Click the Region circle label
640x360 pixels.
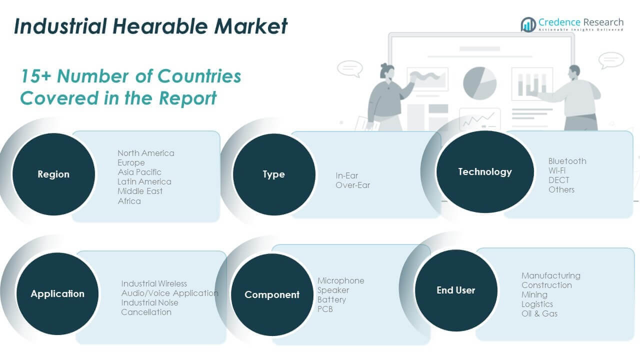(x=53, y=174)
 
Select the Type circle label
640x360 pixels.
(x=273, y=174)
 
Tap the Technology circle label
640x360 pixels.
(x=484, y=172)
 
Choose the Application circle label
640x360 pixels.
(x=57, y=294)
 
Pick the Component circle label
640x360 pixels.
(x=272, y=295)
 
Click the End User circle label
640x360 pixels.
(x=455, y=290)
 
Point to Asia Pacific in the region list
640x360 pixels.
(x=139, y=172)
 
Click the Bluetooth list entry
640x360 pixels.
(x=567, y=161)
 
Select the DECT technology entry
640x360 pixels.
(x=558, y=180)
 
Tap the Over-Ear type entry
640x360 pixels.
(x=353, y=185)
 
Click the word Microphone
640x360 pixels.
(x=340, y=280)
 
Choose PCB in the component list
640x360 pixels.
(x=325, y=309)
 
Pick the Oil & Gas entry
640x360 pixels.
(x=539, y=313)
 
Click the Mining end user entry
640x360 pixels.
(x=534, y=294)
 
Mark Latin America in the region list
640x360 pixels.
(x=144, y=181)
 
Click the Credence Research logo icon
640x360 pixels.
(x=528, y=24)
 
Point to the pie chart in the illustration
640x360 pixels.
(x=479, y=82)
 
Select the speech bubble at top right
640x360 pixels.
(x=611, y=60)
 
